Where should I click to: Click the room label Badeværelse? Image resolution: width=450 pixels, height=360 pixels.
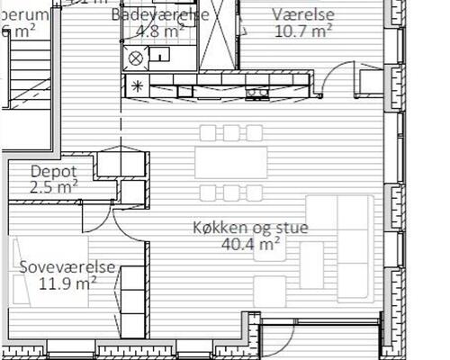point(161,15)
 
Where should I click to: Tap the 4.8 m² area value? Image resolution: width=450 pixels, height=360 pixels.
point(160,31)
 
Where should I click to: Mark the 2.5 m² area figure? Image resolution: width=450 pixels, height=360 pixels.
point(53,187)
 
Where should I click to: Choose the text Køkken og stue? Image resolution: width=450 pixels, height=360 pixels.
point(250,228)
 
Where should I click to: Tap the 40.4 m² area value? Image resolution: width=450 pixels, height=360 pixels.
point(250,244)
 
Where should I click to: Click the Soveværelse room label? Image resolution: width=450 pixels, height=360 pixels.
point(61,267)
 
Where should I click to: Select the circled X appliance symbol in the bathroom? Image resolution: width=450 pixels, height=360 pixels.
point(137,58)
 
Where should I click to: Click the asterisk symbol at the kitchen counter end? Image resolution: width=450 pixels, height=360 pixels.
point(137,87)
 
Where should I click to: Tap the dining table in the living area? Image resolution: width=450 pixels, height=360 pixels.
point(231,163)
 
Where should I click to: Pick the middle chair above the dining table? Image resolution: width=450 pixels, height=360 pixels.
point(231,133)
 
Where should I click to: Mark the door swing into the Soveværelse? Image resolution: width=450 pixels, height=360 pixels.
point(129,228)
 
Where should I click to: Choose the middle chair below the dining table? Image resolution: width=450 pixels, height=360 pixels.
point(231,193)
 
